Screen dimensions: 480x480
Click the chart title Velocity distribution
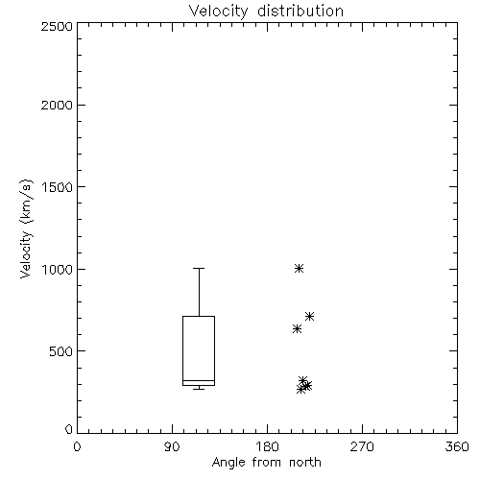click(x=266, y=11)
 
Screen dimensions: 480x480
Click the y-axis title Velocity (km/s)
click(x=26, y=228)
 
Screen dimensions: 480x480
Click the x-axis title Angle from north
click(x=266, y=463)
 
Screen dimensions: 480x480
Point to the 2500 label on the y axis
click(x=57, y=26)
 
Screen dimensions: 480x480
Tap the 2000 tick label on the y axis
click(x=57, y=105)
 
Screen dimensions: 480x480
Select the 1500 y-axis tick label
click(x=58, y=187)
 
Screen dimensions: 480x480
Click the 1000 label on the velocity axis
click(x=58, y=269)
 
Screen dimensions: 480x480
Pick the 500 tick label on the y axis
click(x=61, y=351)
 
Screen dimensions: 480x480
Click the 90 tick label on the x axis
click(x=172, y=446)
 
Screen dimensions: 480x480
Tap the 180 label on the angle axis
click(x=267, y=446)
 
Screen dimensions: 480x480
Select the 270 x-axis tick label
click(x=362, y=446)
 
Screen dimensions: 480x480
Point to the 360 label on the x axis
click(x=457, y=446)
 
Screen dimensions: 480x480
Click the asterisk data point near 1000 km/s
click(x=299, y=268)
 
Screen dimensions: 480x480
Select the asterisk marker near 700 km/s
click(x=309, y=317)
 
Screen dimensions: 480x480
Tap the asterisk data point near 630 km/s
click(x=297, y=328)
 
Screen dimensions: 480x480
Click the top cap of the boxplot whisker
click(x=199, y=268)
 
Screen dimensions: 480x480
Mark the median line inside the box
click(x=199, y=380)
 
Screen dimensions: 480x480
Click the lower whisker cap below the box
click(x=199, y=389)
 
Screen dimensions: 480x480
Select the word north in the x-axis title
click(x=305, y=463)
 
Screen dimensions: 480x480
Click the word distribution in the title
click(x=300, y=11)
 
